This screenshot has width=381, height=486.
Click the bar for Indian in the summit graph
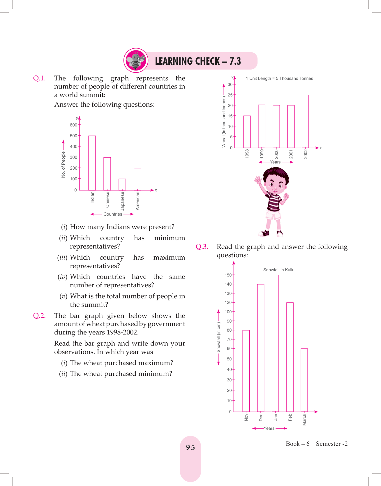[x=92, y=163]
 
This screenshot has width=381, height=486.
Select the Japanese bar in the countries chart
[x=122, y=184]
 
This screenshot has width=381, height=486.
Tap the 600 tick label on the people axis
[x=73, y=125]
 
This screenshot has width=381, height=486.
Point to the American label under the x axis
[x=137, y=201]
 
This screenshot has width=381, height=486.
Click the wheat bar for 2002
[x=305, y=121]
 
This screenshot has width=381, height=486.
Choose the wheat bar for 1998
[x=247, y=132]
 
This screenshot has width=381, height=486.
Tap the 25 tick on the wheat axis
[x=230, y=95]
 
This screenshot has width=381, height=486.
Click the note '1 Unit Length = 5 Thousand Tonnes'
[x=279, y=78]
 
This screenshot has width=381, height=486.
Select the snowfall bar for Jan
[x=275, y=343]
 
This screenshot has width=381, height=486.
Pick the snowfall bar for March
[x=304, y=380]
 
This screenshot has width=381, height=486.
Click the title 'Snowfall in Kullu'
[x=279, y=270]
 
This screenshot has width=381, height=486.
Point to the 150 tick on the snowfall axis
[x=228, y=275]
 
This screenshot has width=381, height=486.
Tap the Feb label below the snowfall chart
[x=290, y=417]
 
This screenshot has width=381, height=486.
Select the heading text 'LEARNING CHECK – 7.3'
[x=198, y=61]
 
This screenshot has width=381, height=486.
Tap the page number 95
[x=190, y=447]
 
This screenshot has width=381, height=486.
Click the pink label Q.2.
[x=39, y=316]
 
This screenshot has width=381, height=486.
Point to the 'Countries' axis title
[x=113, y=214]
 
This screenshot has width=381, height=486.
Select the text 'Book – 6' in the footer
[x=297, y=444]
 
